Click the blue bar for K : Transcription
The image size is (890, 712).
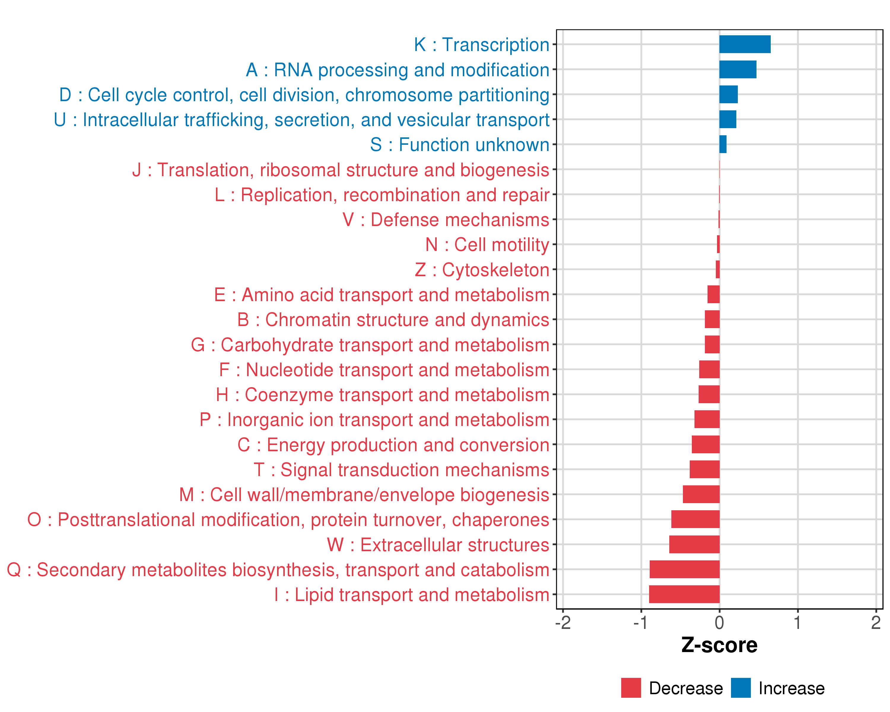745,44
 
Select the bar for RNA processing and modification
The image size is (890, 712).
738,69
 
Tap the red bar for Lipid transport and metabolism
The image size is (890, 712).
684,594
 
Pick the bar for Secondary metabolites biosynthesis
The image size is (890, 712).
684,569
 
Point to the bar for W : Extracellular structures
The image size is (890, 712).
694,544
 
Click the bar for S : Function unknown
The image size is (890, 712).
723,144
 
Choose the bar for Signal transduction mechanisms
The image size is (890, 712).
704,469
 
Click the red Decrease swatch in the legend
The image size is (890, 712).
631,688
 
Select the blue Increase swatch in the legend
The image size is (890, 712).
740,688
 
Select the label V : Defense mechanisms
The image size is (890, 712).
446,220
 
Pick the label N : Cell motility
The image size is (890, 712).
487,245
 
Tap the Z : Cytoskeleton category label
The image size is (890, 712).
482,270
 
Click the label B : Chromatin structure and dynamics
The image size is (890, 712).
393,320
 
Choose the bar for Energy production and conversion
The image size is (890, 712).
705,444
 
